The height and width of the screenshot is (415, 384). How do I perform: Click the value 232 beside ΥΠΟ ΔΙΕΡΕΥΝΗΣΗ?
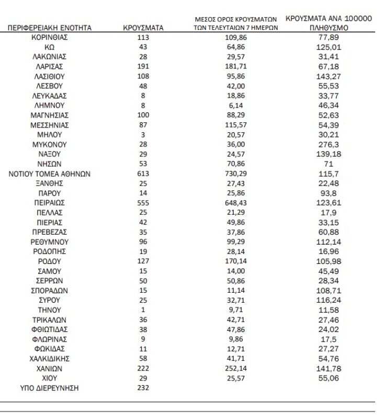[143, 388]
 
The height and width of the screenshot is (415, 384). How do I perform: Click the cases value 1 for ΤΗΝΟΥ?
[143, 310]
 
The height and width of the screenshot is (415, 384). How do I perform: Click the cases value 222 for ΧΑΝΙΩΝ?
[143, 368]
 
